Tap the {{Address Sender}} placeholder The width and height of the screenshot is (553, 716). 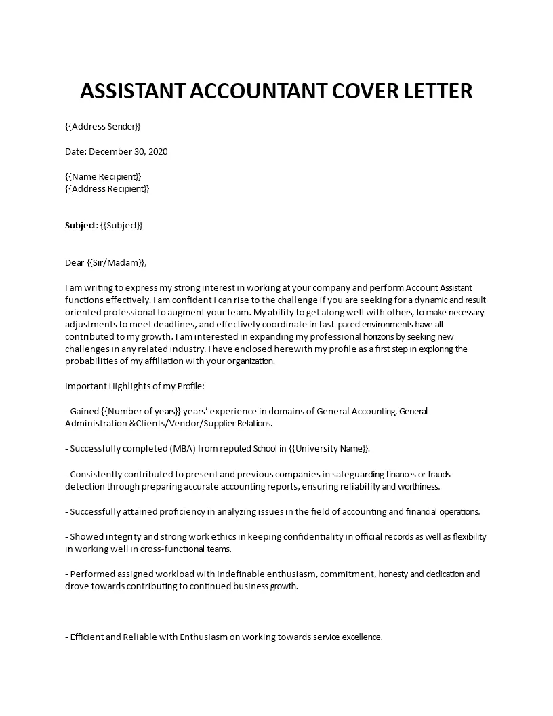[103, 126]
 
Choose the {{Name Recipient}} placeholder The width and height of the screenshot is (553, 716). [104, 176]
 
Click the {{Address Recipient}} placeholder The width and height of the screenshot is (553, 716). [107, 188]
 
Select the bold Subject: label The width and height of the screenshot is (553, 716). [81, 225]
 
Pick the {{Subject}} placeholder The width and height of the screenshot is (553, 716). [122, 225]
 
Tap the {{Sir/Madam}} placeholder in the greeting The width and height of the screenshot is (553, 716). [117, 262]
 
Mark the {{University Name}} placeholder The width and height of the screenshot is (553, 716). [324, 448]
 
